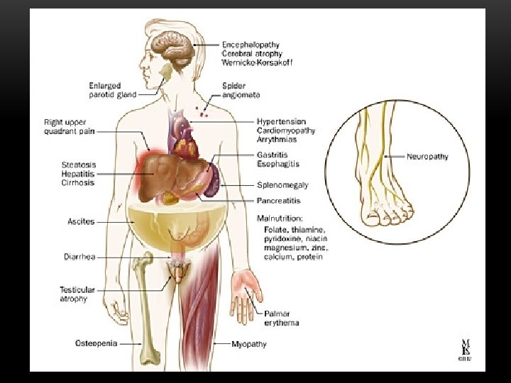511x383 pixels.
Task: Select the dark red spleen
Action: click(214, 180)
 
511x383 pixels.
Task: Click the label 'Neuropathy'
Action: click(427, 156)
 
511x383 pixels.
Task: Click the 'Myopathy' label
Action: click(249, 344)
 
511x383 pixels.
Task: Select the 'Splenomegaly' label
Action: click(282, 185)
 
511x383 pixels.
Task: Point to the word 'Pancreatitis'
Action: click(279, 201)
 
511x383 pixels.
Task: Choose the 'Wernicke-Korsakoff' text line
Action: click(257, 62)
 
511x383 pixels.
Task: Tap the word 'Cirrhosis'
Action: click(77, 183)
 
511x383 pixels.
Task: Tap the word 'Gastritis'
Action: click(273, 155)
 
